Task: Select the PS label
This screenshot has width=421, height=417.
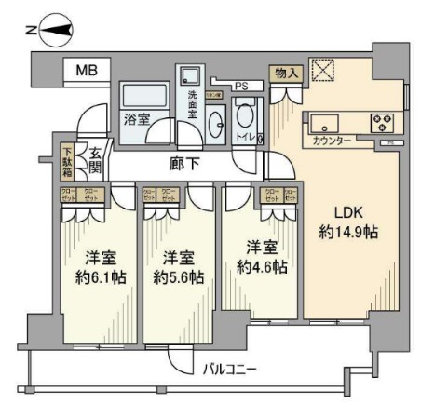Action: coord(241,87)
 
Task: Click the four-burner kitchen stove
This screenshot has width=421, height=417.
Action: coord(382,122)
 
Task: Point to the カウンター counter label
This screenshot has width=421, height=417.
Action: coord(333,141)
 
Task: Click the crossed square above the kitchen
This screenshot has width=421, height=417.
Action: coord(322,72)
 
